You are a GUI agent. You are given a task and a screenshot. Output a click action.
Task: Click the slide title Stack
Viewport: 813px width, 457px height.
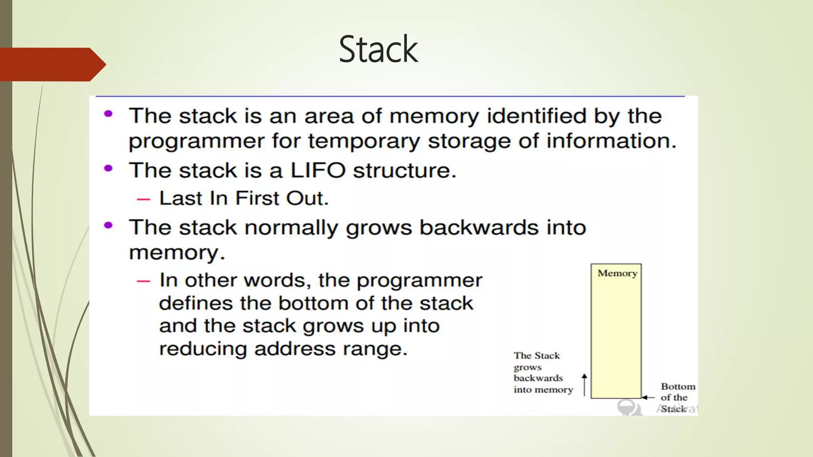click(x=378, y=49)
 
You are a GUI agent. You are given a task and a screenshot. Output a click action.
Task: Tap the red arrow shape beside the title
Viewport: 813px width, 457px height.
click(x=52, y=64)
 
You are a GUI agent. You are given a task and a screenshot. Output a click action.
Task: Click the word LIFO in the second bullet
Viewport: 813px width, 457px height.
click(x=318, y=171)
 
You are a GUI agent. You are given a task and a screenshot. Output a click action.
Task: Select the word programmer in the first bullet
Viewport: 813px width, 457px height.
click(x=197, y=142)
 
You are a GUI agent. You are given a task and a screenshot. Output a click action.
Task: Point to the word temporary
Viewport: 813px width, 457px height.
click(x=363, y=142)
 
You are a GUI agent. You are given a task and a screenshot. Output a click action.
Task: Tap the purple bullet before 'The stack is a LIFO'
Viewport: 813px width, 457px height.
click(x=108, y=168)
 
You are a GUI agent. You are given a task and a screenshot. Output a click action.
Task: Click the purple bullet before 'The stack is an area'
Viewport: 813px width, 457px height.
click(x=108, y=114)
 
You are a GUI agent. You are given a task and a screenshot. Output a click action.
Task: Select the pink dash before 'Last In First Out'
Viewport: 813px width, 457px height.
click(x=143, y=199)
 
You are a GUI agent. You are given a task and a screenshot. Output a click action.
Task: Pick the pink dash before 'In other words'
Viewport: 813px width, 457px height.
click(x=143, y=281)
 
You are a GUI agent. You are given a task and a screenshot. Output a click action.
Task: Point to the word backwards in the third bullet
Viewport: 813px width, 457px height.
click(x=479, y=228)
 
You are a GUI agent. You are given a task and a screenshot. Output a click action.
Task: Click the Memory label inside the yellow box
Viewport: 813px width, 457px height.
click(x=617, y=273)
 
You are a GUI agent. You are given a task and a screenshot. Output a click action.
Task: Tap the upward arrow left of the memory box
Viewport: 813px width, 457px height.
click(x=584, y=384)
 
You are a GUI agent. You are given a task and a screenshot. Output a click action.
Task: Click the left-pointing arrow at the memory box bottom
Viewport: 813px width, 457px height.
click(x=648, y=397)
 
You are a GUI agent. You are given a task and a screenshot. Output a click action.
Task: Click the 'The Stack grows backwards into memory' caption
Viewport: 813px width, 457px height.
click(x=543, y=373)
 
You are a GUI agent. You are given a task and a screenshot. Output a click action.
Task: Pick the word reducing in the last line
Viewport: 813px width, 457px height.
click(x=202, y=349)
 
